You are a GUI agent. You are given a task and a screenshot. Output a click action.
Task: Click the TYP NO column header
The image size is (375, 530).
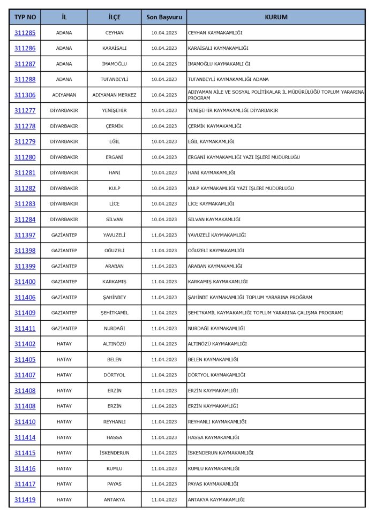[x=25, y=17]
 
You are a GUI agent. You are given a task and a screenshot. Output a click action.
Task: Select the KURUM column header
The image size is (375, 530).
[x=276, y=17]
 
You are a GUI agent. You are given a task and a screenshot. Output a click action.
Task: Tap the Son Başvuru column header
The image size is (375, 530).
[x=164, y=17]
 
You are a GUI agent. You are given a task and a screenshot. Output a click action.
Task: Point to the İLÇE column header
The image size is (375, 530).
[x=114, y=17]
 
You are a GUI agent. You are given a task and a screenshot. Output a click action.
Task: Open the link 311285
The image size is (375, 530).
[x=25, y=33]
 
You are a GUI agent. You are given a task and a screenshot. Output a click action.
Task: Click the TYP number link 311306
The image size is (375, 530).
[x=25, y=95]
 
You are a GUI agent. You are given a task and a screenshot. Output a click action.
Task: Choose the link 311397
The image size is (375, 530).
[x=25, y=235]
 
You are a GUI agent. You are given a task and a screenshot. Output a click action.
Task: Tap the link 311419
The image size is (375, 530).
[x=25, y=499]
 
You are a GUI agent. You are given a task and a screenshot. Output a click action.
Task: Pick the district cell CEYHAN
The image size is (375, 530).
[x=114, y=33]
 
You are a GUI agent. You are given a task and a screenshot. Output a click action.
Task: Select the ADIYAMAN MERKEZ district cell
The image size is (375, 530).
[x=114, y=95]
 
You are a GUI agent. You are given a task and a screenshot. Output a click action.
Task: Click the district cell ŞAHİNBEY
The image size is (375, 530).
[x=114, y=297]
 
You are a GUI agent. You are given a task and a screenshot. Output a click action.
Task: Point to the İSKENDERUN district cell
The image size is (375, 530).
[x=114, y=453]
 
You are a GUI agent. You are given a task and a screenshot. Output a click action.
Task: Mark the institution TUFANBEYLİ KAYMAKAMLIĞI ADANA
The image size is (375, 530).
[x=228, y=79]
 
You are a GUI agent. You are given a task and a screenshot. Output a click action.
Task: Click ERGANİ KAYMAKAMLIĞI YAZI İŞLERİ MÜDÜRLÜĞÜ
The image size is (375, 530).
[x=244, y=157]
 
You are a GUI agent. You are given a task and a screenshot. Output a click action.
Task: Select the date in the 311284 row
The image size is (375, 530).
[x=164, y=219]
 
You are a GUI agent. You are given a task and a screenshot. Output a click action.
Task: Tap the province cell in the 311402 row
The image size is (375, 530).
[x=64, y=344]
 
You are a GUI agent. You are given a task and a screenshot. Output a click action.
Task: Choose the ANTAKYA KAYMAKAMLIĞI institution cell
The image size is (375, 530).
[x=216, y=499]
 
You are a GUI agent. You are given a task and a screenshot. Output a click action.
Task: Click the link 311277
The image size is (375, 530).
[x=25, y=110]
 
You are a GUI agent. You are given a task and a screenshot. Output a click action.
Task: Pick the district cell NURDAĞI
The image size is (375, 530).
[x=114, y=328]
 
